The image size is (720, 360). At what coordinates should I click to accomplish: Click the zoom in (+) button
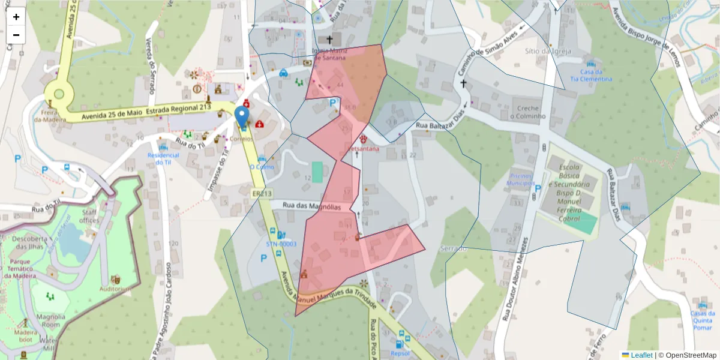tap(16, 17)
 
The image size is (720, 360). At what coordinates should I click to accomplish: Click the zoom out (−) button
tap(16, 35)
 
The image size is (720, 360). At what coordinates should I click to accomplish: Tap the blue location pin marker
tap(242, 116)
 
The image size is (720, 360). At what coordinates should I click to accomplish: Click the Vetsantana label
tap(363, 148)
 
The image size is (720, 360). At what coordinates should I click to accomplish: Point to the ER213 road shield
tap(262, 193)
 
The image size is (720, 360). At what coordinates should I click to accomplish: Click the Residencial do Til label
tap(163, 158)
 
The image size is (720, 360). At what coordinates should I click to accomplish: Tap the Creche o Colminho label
tap(527, 112)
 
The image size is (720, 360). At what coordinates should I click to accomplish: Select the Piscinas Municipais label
tap(521, 182)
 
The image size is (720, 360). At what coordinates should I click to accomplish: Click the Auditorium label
tap(116, 289)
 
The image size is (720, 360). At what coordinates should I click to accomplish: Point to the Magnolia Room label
tap(50, 320)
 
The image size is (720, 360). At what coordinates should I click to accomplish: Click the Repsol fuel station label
tap(400, 353)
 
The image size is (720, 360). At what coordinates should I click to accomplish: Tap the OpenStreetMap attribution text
tap(687, 355)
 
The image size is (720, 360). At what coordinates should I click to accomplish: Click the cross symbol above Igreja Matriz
tap(329, 40)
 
